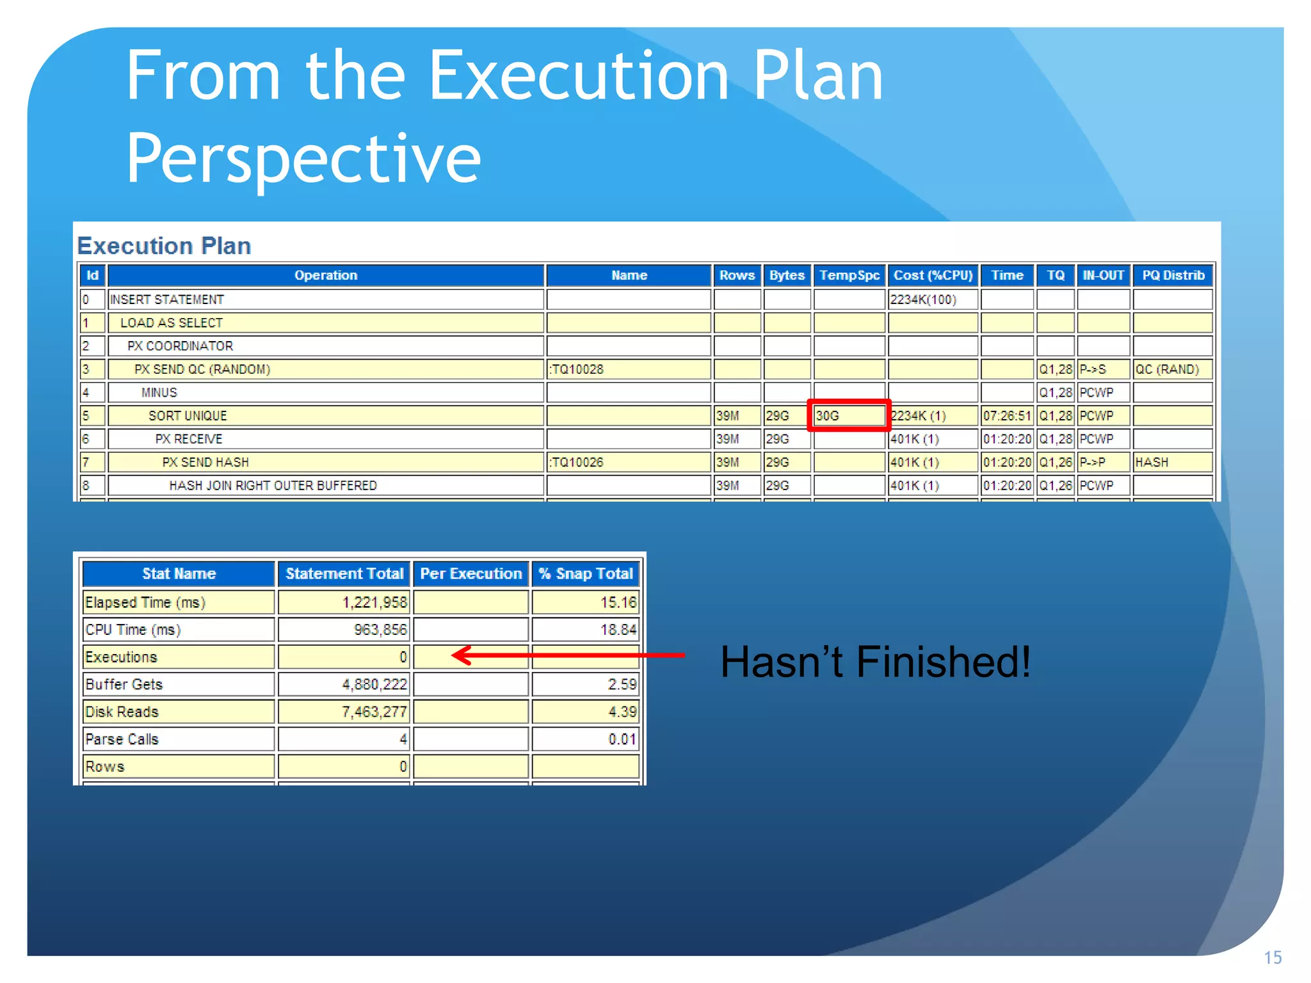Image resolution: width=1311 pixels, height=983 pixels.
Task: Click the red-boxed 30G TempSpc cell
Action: tap(849, 416)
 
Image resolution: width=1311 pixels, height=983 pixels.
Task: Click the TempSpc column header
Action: tap(849, 275)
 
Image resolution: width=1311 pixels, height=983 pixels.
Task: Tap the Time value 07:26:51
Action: tap(1007, 416)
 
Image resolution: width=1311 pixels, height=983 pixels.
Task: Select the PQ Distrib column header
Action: tap(1173, 275)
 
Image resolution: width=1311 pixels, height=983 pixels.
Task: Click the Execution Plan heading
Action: tap(164, 246)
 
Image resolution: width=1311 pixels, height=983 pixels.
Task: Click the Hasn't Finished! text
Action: tap(875, 662)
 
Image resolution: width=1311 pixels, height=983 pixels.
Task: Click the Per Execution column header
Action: tap(471, 573)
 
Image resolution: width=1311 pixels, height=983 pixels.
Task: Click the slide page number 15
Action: tap(1272, 957)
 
